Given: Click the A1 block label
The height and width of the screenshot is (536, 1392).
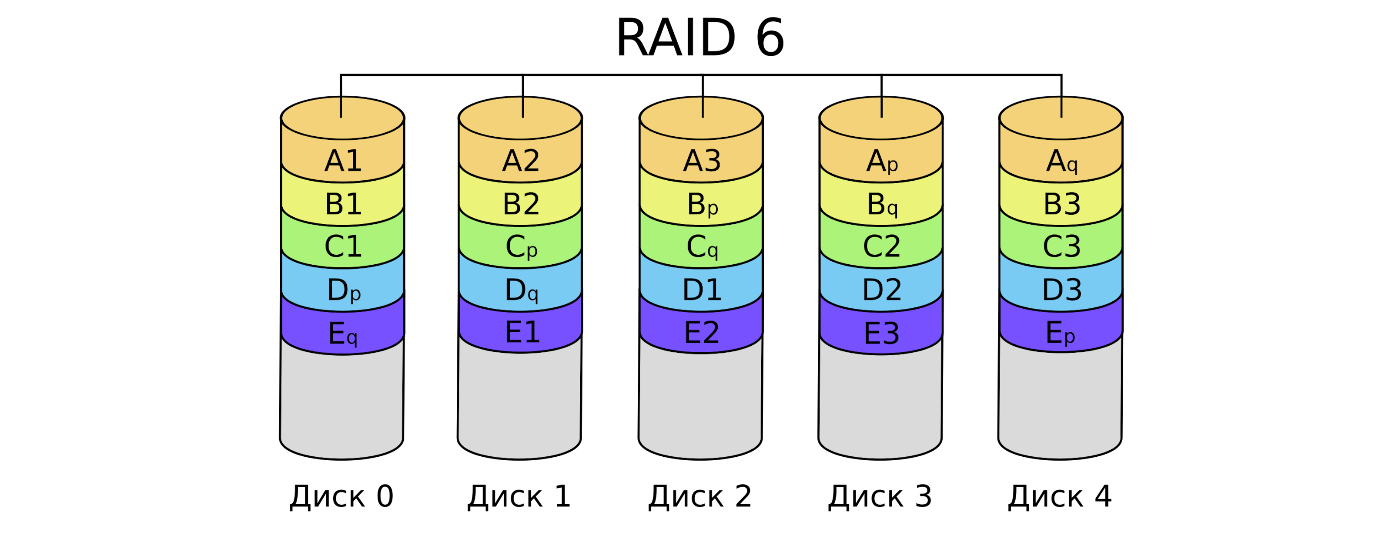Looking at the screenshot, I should pyautogui.click(x=343, y=161).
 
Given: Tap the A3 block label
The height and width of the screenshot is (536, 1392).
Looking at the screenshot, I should pyautogui.click(x=701, y=161).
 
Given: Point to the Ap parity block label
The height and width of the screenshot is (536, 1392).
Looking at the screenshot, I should pyautogui.click(x=882, y=162).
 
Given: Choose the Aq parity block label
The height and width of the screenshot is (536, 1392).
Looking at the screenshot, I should pyautogui.click(x=1062, y=162).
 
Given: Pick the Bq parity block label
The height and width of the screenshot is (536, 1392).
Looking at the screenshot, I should pyautogui.click(x=882, y=205).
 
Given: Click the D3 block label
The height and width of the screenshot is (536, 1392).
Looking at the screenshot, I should pyautogui.click(x=1062, y=290).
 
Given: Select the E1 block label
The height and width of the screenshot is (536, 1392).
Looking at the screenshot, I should pyautogui.click(x=522, y=333).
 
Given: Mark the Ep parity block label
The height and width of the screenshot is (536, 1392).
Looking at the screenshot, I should pyautogui.click(x=1060, y=333).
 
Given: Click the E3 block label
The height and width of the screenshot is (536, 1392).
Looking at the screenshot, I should pyautogui.click(x=881, y=334).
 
